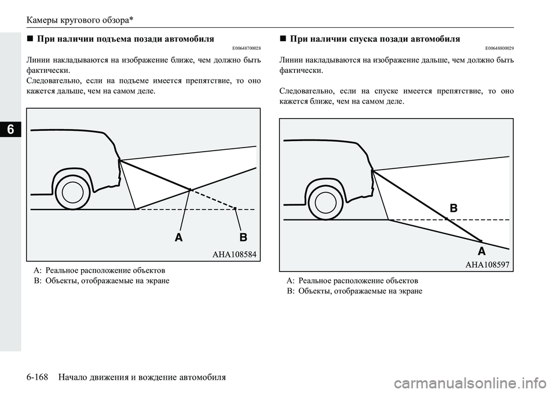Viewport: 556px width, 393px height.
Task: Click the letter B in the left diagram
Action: (243, 238)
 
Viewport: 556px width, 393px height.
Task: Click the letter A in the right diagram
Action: (481, 252)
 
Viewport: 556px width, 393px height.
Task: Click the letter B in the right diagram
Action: (453, 208)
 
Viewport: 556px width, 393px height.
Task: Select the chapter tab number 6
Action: (10, 130)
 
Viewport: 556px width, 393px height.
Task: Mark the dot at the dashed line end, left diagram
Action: (235, 208)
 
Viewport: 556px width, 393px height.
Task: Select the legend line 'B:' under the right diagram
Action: (354, 291)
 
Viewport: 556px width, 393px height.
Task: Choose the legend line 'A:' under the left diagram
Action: (99, 270)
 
